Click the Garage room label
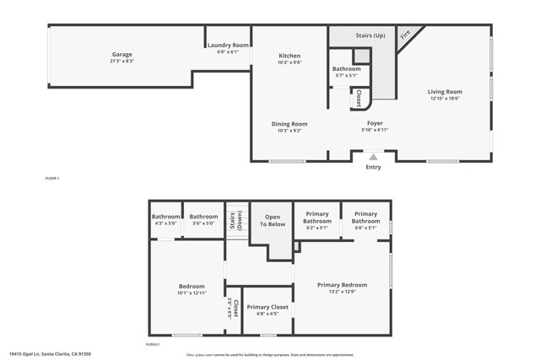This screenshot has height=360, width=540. pos(122,55)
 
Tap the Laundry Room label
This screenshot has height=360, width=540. pos(228,46)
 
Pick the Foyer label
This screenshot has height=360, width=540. pos(375,124)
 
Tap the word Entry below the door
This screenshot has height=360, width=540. pos(373,167)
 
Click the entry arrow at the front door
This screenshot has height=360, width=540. pos(373,156)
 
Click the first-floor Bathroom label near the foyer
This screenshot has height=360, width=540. pos(346,69)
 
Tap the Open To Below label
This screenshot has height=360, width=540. pos(273,221)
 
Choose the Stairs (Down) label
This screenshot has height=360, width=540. pos(236,221)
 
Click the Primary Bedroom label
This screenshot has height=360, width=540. pos(342,285)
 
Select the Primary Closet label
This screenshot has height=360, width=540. pos(267,308)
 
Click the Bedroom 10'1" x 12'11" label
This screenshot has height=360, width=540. pos(192,286)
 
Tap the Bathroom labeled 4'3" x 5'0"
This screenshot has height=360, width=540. pos(165,218)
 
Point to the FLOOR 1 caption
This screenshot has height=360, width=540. pos(52,179)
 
